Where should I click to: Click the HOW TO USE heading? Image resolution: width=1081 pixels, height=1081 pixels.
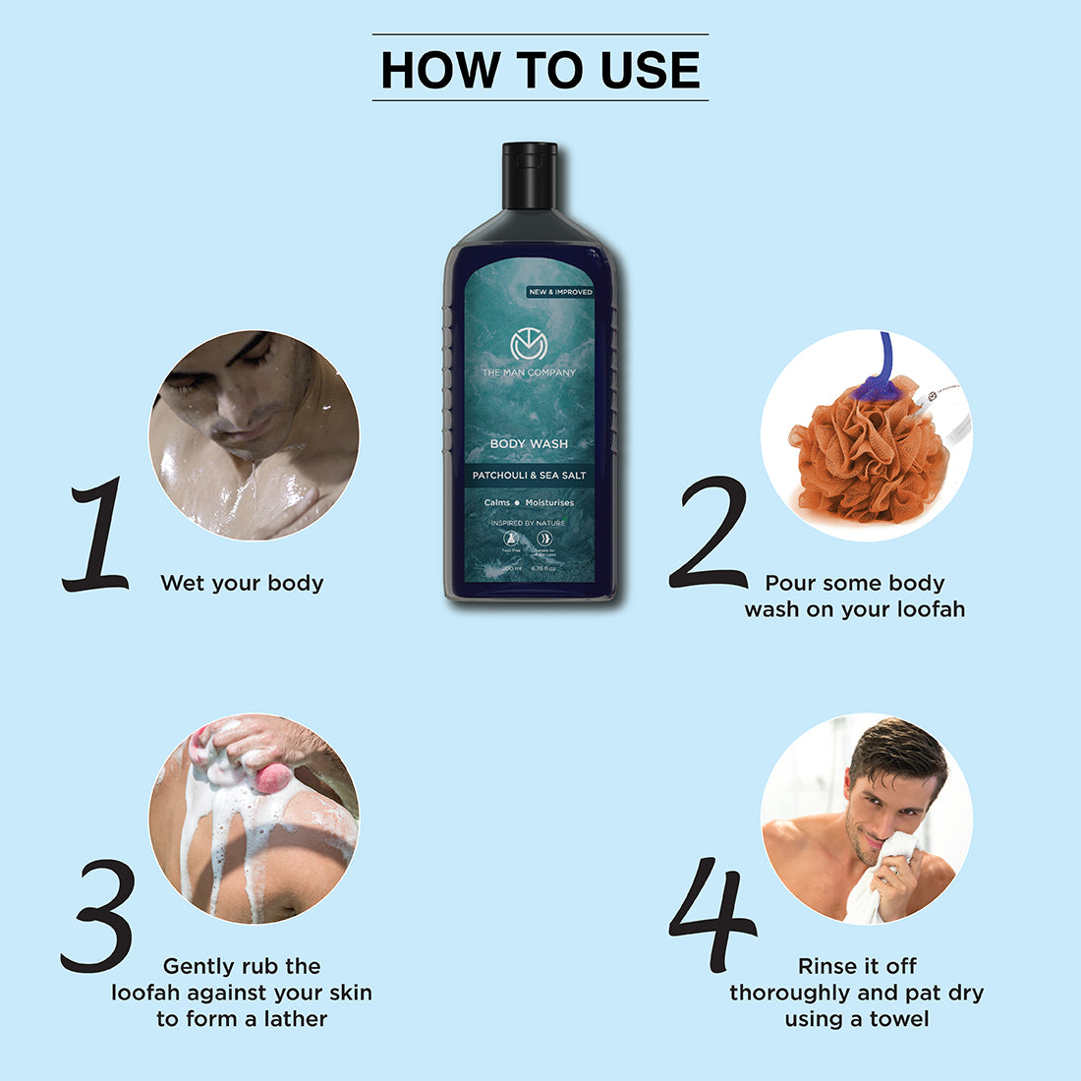[540, 70]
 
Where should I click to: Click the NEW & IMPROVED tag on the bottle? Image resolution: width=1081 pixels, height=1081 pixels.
[560, 292]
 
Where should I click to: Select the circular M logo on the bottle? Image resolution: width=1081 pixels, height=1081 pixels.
[528, 346]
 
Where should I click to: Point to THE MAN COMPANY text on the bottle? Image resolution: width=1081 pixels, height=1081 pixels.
[529, 373]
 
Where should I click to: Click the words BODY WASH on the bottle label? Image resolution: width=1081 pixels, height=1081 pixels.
[529, 444]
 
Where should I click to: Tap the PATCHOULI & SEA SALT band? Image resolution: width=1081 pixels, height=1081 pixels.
[529, 476]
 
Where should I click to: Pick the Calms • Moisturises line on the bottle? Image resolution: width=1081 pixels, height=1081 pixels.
[529, 503]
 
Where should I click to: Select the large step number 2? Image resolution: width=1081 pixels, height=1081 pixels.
[710, 534]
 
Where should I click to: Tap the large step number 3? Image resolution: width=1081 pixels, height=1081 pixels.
[98, 916]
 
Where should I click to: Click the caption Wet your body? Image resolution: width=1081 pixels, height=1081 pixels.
[242, 584]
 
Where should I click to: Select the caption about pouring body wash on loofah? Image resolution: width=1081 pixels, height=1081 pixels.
[855, 597]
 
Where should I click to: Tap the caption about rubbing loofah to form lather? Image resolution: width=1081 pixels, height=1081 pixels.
[242, 993]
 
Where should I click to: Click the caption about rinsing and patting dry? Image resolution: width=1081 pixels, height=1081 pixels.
[856, 993]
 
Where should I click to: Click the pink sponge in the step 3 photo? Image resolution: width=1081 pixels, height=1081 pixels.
[272, 778]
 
